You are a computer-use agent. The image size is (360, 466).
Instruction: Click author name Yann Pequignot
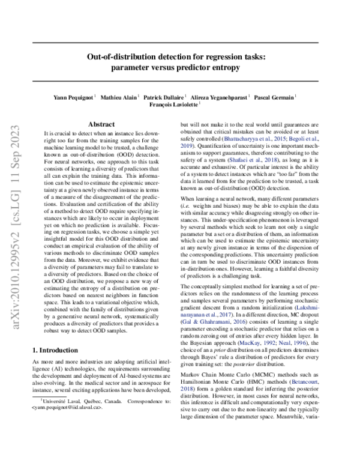point(71,95)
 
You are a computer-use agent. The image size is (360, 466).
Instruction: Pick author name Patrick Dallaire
point(164,95)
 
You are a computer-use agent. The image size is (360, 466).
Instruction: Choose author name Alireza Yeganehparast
point(220,95)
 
